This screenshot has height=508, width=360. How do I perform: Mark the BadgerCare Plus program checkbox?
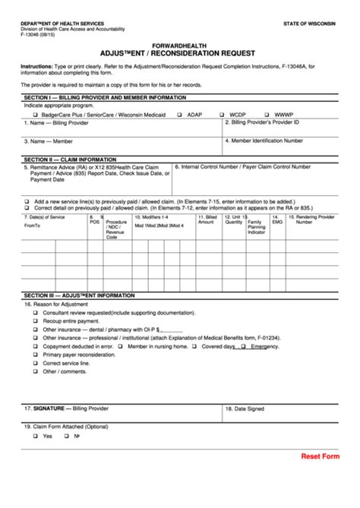pos(34,115)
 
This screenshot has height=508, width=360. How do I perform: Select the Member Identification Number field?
pos(289,144)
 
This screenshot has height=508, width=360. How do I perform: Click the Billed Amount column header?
pos(207,219)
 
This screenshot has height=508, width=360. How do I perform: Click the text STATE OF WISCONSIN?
pos(310,24)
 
